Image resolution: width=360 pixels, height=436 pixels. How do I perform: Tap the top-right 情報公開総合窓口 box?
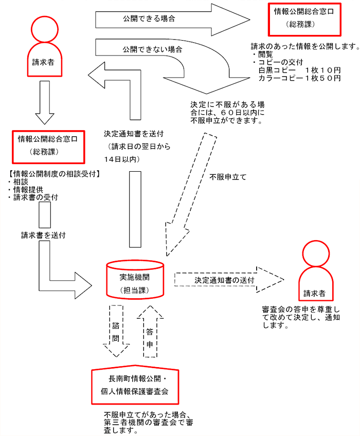pyautogui.click(x=306, y=17)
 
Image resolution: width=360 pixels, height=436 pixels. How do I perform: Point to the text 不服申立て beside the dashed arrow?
pyautogui.click(x=228, y=177)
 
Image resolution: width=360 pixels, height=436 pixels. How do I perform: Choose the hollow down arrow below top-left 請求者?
pyautogui.click(x=45, y=103)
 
